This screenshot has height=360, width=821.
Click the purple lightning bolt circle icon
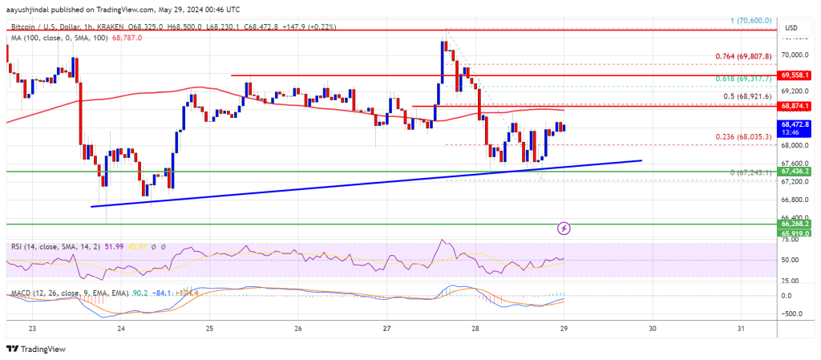[x=564, y=229]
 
